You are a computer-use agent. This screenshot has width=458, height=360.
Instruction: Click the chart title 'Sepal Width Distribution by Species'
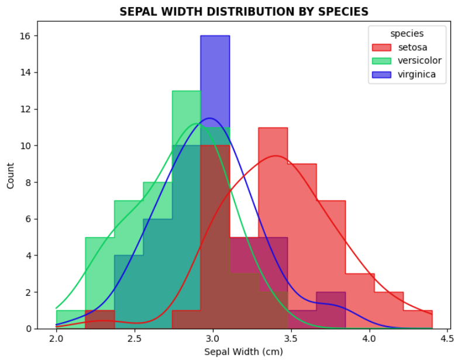(x=244, y=12)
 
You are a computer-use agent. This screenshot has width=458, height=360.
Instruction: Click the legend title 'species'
(x=407, y=34)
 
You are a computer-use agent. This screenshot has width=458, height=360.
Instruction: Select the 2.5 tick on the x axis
(x=135, y=338)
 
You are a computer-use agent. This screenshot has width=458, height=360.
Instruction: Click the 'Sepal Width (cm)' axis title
(x=243, y=352)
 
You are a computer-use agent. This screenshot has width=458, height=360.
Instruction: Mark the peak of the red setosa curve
(x=275, y=155)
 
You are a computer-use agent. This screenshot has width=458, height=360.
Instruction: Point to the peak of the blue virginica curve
(x=209, y=118)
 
